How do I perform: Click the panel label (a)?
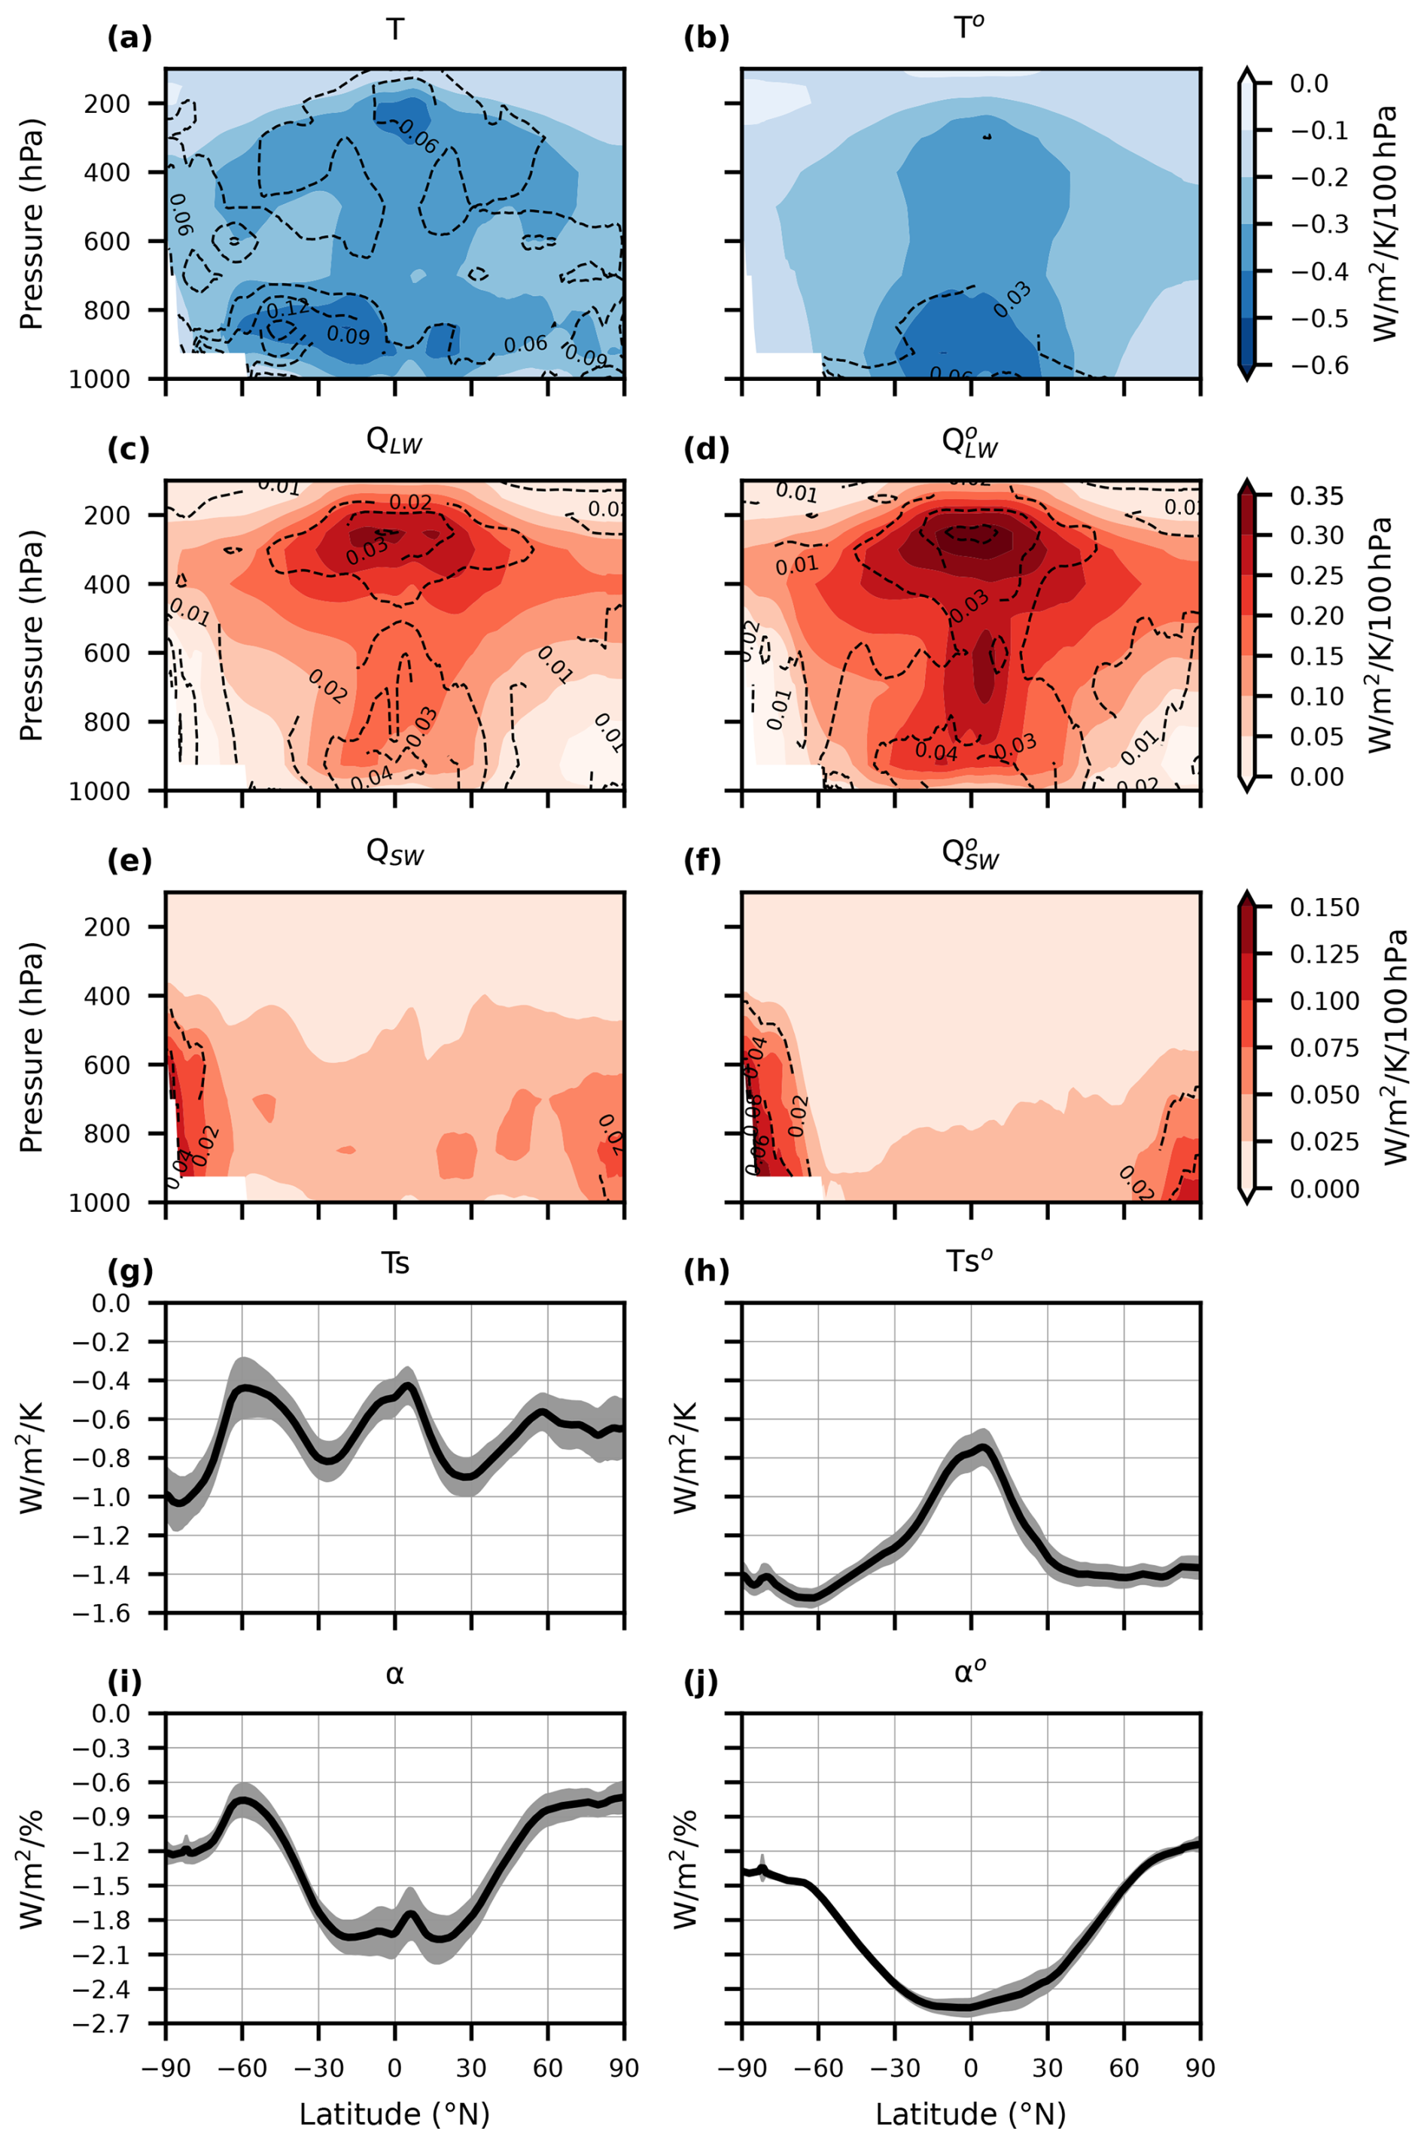point(129,38)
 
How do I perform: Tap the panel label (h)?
point(706,1272)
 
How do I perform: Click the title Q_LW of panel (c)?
point(394,442)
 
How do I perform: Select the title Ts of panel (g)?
point(394,1263)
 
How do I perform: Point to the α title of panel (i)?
point(394,1673)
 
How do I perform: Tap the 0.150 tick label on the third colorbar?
point(1324,907)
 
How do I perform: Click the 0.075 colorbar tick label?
point(1324,1048)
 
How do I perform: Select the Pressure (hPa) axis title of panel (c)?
point(31,635)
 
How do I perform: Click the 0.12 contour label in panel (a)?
point(288,309)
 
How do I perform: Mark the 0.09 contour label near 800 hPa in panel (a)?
point(348,335)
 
